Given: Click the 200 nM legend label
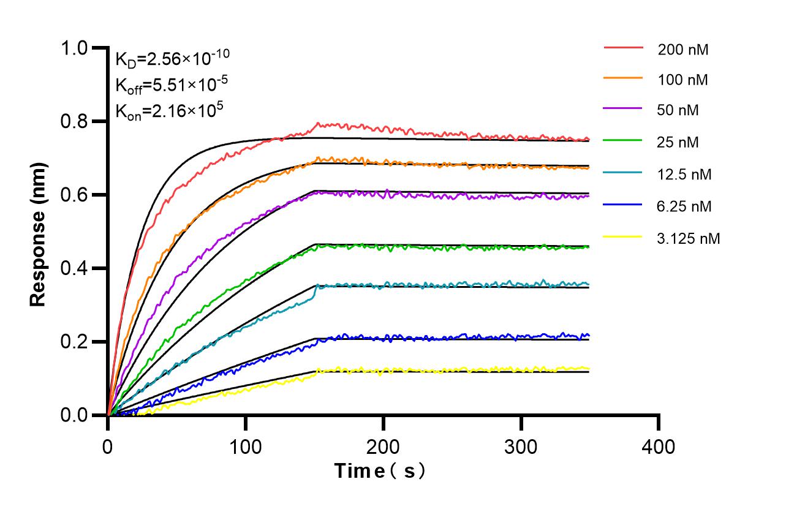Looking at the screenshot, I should [683, 50].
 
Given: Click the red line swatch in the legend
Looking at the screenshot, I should [624, 47].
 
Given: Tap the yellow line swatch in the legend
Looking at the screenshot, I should [624, 236].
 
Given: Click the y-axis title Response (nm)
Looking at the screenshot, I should [39, 235].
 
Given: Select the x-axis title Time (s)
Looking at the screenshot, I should [380, 471].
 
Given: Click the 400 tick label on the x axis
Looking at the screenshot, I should [659, 447].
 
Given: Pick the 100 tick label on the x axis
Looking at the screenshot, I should [246, 447].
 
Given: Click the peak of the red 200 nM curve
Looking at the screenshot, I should [317, 124].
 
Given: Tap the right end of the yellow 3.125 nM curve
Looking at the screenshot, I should [589, 368].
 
